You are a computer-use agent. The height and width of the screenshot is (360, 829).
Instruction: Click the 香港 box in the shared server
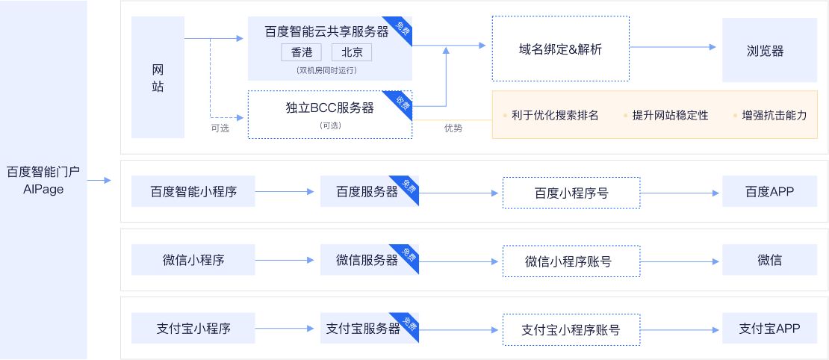(x=302, y=52)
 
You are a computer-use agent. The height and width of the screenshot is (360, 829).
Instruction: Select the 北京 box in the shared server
(x=352, y=52)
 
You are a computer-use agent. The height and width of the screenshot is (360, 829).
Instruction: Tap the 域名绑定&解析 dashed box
(x=560, y=49)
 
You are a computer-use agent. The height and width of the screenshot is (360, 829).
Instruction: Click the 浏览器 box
(x=765, y=50)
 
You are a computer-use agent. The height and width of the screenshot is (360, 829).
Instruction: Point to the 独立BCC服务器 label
(x=329, y=108)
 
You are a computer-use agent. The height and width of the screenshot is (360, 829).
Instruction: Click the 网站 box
(x=158, y=78)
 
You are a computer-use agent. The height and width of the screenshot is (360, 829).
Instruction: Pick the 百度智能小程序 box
(x=193, y=191)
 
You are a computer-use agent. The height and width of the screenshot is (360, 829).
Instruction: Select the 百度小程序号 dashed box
(x=571, y=193)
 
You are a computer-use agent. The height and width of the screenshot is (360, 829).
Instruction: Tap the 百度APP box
(x=769, y=191)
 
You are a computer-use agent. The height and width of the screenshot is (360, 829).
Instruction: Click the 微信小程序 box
(x=193, y=260)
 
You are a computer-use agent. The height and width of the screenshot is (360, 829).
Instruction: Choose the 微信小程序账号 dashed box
(x=571, y=261)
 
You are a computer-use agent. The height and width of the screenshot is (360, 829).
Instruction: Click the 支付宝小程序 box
(x=193, y=329)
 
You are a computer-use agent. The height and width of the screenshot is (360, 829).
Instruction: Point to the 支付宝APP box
(x=769, y=329)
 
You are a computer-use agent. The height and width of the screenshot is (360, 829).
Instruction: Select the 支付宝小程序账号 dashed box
(x=571, y=330)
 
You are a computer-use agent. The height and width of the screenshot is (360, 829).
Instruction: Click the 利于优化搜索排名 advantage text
(x=555, y=116)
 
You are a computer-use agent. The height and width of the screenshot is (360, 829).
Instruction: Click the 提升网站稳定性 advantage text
(x=670, y=116)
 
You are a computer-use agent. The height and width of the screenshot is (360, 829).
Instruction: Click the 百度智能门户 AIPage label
(x=43, y=180)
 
